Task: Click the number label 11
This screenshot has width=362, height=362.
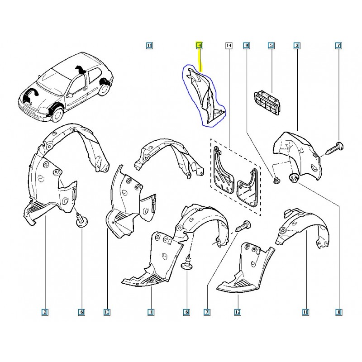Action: point(149,46)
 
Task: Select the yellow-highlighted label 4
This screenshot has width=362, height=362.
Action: point(200,46)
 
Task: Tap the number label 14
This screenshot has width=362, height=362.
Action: point(229,46)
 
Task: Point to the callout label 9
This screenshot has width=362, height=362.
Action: point(246,46)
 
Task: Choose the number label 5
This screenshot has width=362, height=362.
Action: point(271,46)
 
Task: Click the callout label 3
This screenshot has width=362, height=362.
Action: point(297,46)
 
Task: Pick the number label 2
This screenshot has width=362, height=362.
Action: point(45,312)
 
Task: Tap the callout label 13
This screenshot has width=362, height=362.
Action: point(107,312)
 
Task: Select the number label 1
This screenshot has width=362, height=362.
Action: point(151,312)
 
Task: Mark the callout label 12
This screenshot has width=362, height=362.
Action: point(238,312)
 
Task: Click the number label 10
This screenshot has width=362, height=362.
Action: point(305,312)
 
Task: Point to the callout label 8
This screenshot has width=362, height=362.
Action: point(338,312)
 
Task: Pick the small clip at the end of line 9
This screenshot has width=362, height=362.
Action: point(276,180)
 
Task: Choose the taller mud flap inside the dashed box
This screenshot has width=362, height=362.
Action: point(222,170)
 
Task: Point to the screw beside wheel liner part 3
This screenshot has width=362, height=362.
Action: point(334,148)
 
